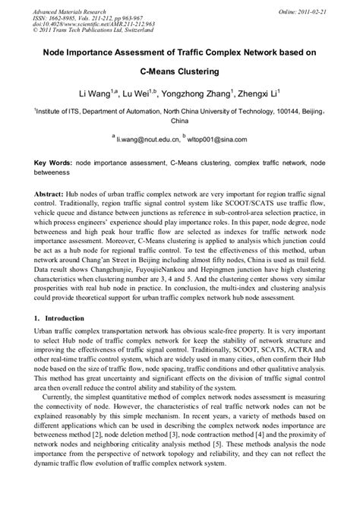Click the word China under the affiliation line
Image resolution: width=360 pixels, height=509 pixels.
click(180, 121)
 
